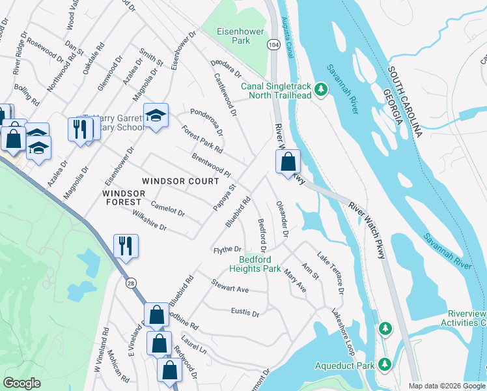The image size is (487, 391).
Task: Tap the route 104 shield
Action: pos(272,44)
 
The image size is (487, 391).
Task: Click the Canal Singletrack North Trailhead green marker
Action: pos(320,89)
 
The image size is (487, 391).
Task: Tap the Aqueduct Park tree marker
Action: pos(385,364)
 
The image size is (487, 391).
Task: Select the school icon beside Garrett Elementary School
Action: pos(156,116)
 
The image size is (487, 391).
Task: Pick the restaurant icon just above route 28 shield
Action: pos(124,246)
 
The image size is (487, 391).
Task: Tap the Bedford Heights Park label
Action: pos(255,263)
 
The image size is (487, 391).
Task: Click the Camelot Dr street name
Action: pos(167,210)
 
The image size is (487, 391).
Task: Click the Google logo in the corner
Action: pos(21,383)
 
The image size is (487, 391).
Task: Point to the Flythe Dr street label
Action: pos(228,250)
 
